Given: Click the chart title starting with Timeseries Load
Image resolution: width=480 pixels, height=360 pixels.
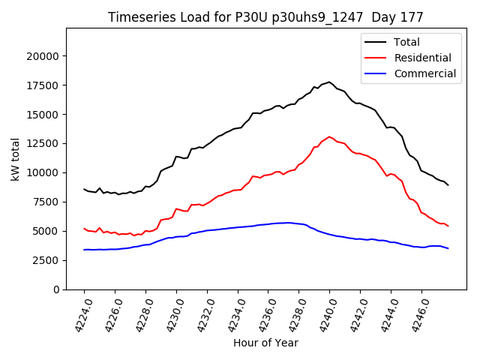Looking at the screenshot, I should (x=265, y=17).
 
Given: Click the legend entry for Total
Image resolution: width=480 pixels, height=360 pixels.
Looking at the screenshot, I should (x=406, y=42).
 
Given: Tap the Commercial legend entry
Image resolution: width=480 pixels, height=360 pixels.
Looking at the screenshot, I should (x=424, y=73).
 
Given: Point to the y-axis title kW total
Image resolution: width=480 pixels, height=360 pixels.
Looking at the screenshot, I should (x=16, y=159).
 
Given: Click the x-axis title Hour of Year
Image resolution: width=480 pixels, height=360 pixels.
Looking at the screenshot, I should (x=265, y=343).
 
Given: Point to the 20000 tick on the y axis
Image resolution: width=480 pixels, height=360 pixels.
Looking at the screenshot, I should (x=43, y=56).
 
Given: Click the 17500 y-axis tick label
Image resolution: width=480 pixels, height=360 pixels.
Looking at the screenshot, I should (x=43, y=85).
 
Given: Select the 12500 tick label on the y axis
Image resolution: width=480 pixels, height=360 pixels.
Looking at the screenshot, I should (x=43, y=144).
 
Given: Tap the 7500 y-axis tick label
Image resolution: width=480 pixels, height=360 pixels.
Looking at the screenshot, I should (x=46, y=202).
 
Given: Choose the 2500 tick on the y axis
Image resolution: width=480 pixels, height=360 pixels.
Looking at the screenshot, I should (x=46, y=260).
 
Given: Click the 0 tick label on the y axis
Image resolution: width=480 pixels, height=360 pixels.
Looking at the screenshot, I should (x=57, y=289).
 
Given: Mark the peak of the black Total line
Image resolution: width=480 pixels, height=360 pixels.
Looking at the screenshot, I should (x=329, y=82).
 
